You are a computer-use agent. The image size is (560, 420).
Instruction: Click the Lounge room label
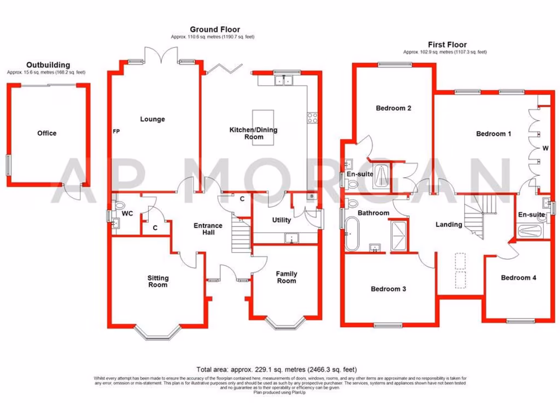click(x=152, y=119)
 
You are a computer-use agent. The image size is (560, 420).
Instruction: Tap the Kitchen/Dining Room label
click(x=253, y=133)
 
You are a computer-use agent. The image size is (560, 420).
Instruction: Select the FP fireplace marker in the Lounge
click(x=115, y=132)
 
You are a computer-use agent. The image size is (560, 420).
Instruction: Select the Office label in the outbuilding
click(x=46, y=133)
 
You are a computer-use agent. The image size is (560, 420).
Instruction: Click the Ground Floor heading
click(x=214, y=30)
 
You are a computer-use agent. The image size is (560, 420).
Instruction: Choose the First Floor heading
click(x=447, y=45)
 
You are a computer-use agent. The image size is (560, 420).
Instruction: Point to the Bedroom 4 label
click(x=518, y=278)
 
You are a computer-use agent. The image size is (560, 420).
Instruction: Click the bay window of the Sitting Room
click(x=157, y=332)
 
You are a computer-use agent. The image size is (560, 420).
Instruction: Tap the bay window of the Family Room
click(x=286, y=324)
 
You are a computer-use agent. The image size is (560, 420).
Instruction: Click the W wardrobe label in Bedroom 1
click(x=545, y=148)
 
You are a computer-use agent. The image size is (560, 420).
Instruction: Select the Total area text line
click(x=279, y=369)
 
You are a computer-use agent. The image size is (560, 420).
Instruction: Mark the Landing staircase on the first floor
click(x=477, y=216)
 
